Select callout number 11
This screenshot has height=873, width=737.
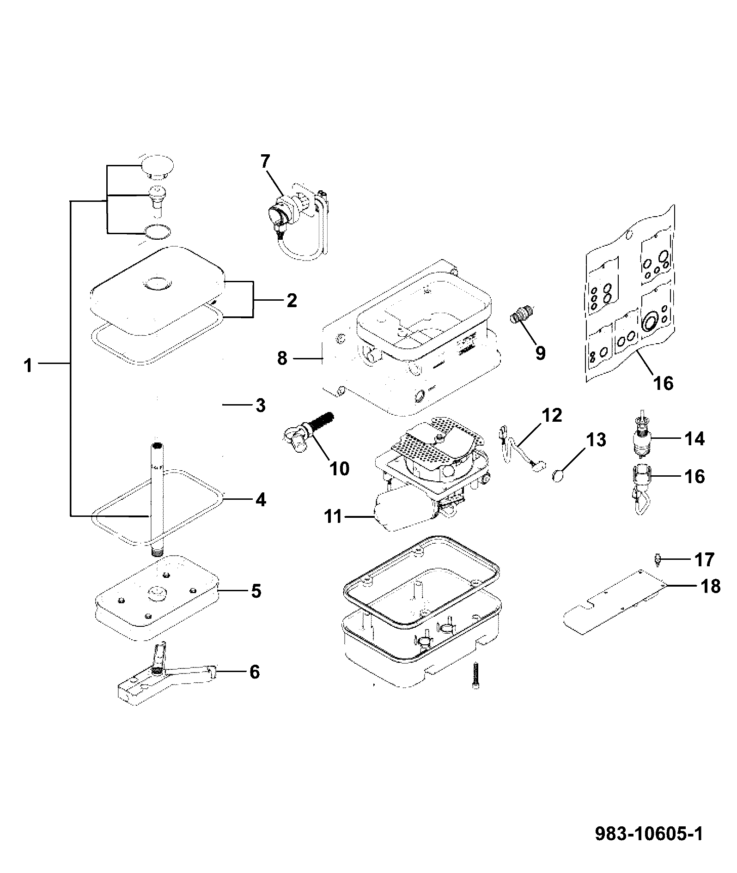[333, 516]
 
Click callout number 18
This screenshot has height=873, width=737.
[710, 586]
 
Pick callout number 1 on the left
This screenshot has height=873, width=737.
[28, 366]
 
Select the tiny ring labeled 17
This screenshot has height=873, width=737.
[658, 560]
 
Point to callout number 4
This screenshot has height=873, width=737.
[261, 499]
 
